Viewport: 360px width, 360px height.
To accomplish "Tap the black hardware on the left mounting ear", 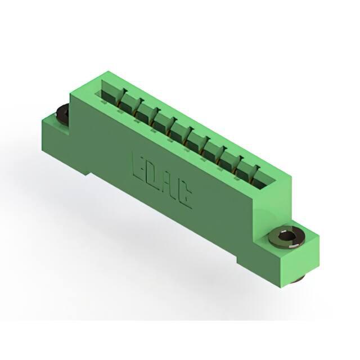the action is point(62,113).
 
